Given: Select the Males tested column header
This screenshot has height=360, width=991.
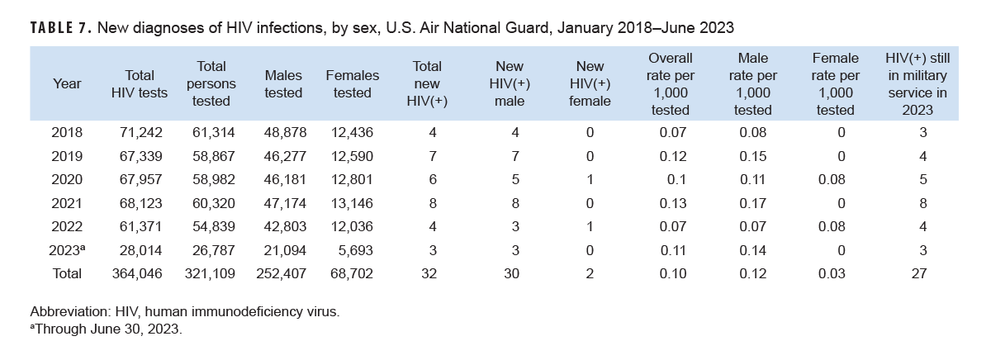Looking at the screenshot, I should pos(283,84).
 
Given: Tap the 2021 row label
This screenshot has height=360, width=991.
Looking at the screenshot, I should pos(66,203).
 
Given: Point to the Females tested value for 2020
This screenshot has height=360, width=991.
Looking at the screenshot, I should pos(352,180).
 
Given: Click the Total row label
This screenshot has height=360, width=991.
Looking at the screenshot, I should pos(66,273).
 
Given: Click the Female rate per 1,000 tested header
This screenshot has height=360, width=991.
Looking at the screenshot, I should pos(835,84).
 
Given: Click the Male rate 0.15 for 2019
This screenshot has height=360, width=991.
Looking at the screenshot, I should pos(752,156).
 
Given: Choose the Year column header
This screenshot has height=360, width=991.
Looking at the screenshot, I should pos(66,84).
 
